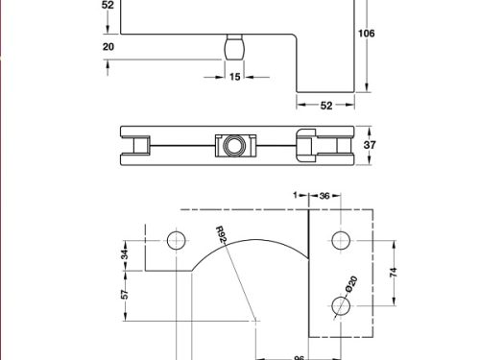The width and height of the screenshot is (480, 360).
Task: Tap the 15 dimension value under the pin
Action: click(234, 77)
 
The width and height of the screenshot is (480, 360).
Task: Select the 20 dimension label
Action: click(107, 46)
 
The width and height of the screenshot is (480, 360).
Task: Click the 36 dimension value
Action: click(324, 196)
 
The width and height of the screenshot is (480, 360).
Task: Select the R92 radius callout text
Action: click(220, 235)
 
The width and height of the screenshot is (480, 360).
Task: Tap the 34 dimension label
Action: click(123, 253)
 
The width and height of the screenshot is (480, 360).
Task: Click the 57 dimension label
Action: click(123, 296)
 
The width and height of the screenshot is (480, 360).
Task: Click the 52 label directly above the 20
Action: click(107, 5)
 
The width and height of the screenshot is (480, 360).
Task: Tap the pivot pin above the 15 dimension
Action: click(234, 47)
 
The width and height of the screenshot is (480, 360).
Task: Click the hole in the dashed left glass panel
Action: click(176, 239)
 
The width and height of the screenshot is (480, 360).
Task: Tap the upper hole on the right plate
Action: click(340, 240)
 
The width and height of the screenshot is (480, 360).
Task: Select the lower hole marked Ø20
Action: click(340, 304)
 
